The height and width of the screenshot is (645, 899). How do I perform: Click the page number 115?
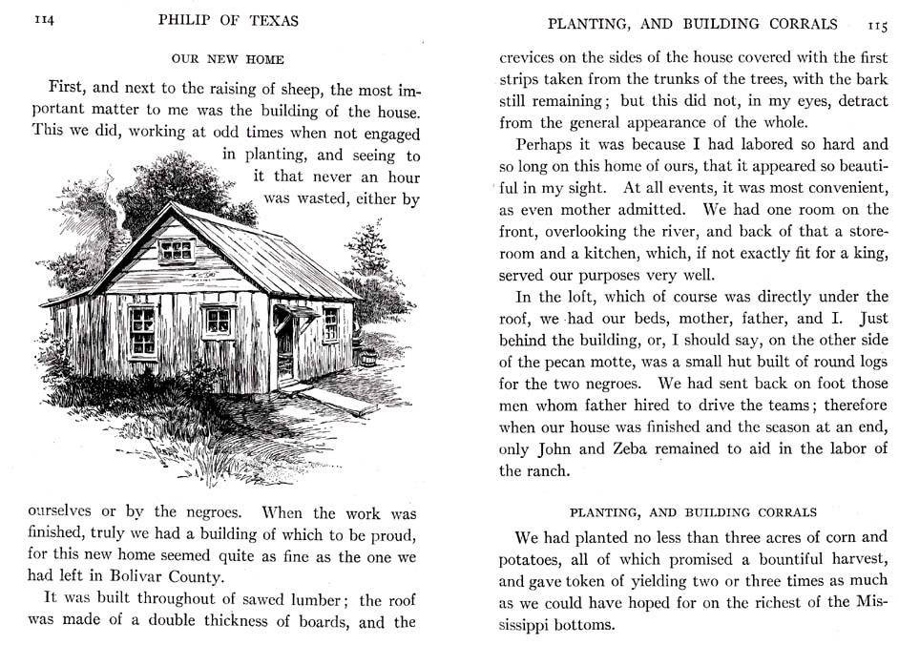(x=877, y=24)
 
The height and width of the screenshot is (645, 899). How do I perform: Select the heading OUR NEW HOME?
(x=227, y=59)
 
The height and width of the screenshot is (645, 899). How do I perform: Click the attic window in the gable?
(x=176, y=250)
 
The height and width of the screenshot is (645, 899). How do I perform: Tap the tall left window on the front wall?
(x=143, y=329)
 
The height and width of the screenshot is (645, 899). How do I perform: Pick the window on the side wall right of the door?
(x=330, y=323)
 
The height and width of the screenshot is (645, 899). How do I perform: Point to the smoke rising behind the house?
(x=116, y=215)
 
